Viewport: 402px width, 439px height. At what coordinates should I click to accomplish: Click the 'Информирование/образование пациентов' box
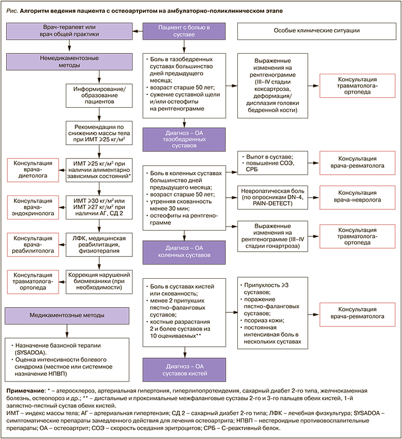pos(99,95)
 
